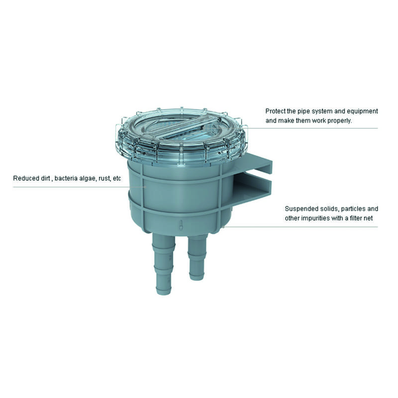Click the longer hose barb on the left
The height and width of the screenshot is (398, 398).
(164, 264)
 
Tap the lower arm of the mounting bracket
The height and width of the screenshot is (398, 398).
(254, 190)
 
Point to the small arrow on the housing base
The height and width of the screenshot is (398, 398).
(181, 225)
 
